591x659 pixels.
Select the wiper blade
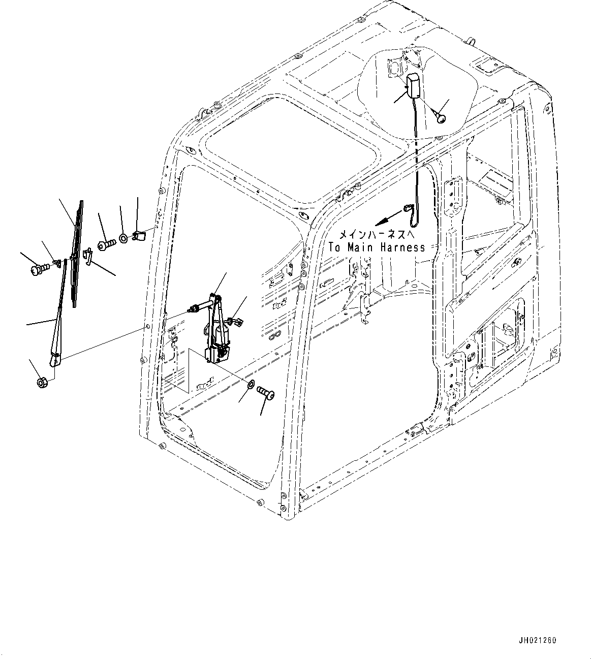(x=77, y=254)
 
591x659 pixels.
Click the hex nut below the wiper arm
(x=43, y=383)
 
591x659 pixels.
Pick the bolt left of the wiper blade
(x=40, y=269)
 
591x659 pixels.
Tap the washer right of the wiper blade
(x=123, y=238)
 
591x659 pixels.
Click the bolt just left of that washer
(x=107, y=243)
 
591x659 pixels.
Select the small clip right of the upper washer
(x=139, y=236)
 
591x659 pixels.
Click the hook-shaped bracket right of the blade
(x=88, y=256)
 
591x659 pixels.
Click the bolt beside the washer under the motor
(x=266, y=392)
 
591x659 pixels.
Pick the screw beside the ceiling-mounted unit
(x=439, y=116)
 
